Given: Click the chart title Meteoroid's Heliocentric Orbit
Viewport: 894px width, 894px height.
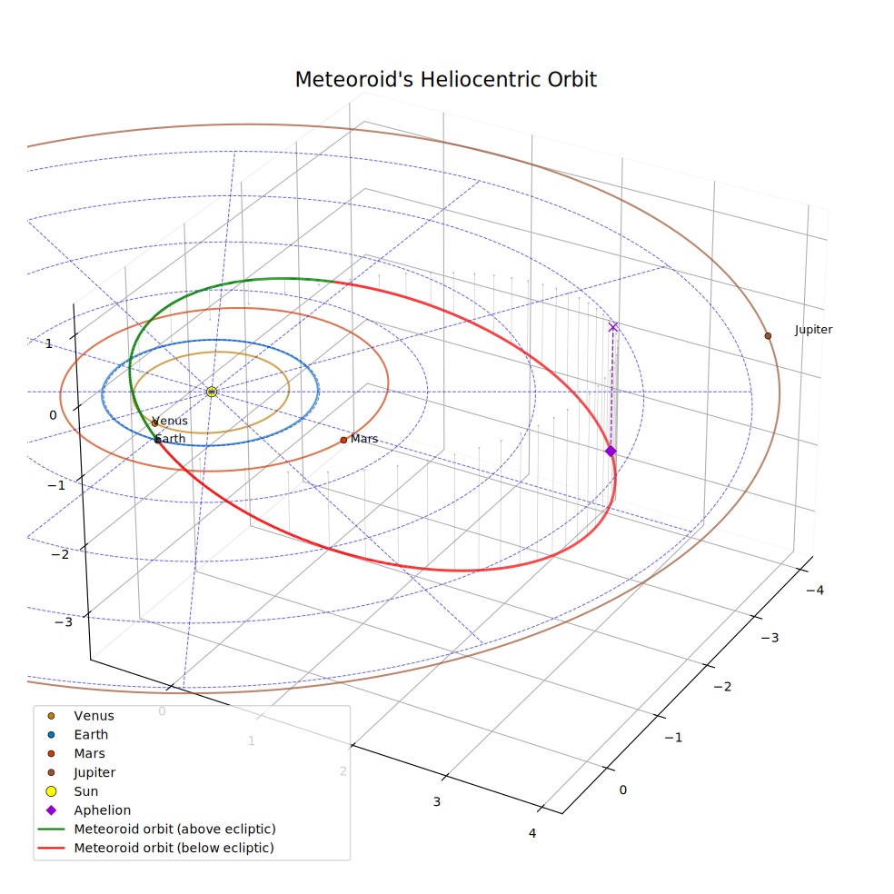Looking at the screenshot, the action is tap(445, 80).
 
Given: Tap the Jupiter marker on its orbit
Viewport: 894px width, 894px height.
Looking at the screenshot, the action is tap(768, 336).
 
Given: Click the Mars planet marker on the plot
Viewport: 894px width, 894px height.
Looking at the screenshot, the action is tap(343, 440).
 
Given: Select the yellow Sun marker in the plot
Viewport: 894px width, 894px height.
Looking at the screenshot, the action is tap(212, 392).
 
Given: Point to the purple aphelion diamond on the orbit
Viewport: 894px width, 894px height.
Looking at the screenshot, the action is tap(611, 451).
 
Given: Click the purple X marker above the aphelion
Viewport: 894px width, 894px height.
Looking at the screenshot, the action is tap(613, 327).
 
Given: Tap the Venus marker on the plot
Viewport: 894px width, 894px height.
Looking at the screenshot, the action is tap(154, 423).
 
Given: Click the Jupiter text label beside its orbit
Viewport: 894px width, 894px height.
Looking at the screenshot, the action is tap(814, 330).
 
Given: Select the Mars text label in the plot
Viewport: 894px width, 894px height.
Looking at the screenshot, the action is tap(364, 439).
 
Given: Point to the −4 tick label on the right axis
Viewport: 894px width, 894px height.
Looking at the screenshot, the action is tap(815, 591).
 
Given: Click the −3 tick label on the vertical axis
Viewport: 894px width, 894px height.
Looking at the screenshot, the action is tap(64, 621).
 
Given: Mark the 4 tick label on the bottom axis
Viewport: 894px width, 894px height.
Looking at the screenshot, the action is tap(532, 833).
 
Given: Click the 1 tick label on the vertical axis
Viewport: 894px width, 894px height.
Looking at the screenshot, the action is tap(48, 343).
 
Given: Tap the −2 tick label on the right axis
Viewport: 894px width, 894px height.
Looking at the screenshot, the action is tap(722, 687).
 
